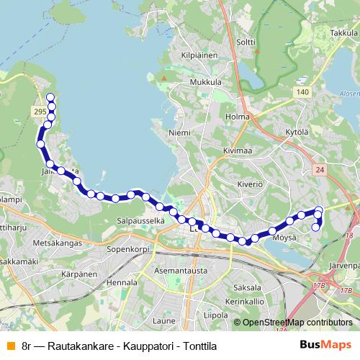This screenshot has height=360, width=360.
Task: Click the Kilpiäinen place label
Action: pos(199,54)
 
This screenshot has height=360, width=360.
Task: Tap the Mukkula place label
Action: pos(205,82)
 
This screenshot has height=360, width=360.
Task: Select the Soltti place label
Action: pos(246,42)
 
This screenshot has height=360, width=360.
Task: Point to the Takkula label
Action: pos(344,33)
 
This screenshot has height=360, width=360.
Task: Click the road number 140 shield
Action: pos(302,92)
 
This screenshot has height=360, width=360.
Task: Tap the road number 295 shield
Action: pos(40,112)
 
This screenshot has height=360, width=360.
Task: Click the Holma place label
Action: pos(237,117)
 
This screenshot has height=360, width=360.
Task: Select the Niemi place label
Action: pos(179,133)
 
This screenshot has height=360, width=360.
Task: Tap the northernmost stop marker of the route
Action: pos(50,97)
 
